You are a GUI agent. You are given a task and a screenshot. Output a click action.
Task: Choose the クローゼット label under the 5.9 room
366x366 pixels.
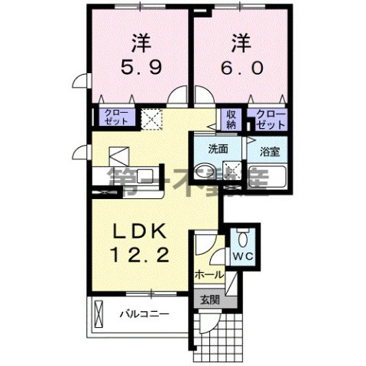114,117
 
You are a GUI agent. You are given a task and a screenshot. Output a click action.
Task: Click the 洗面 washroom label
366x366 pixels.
220,149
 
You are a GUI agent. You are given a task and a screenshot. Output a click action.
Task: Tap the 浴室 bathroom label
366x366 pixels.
270,151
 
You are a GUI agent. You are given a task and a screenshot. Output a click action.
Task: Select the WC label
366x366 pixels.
243,255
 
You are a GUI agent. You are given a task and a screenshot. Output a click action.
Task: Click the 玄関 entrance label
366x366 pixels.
209,300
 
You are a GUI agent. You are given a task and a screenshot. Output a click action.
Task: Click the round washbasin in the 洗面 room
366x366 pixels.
204,170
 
